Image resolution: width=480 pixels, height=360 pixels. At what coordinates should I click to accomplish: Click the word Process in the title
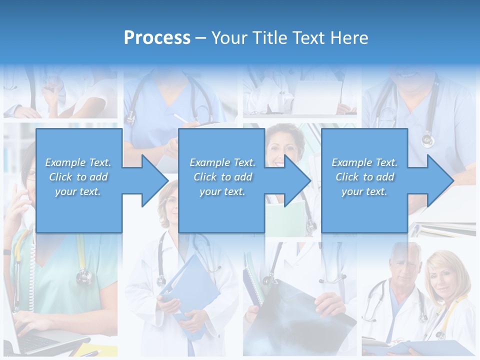[x=157, y=38]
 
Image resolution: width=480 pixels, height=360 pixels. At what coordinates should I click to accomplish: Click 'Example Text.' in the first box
[x=78, y=162]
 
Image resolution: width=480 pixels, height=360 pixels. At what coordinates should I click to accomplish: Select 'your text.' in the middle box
[x=222, y=191]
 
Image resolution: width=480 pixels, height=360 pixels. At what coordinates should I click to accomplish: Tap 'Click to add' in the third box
[x=365, y=177]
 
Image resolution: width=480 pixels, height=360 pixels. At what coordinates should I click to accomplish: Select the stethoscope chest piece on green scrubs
[x=83, y=275]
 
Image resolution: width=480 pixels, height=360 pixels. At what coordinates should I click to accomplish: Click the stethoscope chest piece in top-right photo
[x=427, y=139]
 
